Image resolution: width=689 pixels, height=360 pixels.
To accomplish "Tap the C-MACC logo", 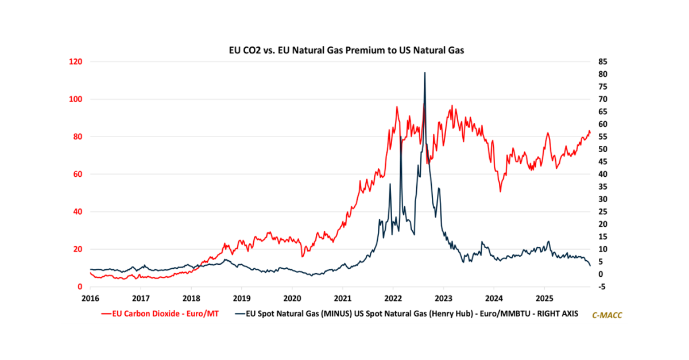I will point(607,315).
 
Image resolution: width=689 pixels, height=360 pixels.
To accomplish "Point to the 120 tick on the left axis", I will point(75,62).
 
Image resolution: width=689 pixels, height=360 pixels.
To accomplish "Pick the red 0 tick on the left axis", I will point(80,287).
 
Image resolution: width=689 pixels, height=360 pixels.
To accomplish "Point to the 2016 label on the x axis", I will point(90,299).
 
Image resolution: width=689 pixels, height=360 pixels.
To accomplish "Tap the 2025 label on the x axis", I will point(544,299).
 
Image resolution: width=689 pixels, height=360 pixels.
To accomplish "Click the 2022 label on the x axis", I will point(393,299).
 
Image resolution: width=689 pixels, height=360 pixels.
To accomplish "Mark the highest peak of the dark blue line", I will point(424,73).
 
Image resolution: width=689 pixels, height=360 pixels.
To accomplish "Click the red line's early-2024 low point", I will point(500,191).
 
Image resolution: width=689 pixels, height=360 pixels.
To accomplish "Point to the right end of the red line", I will point(590,133).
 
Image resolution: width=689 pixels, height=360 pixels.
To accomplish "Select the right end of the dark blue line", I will point(590,266).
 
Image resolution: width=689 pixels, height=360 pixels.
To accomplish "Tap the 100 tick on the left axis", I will point(75,99).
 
